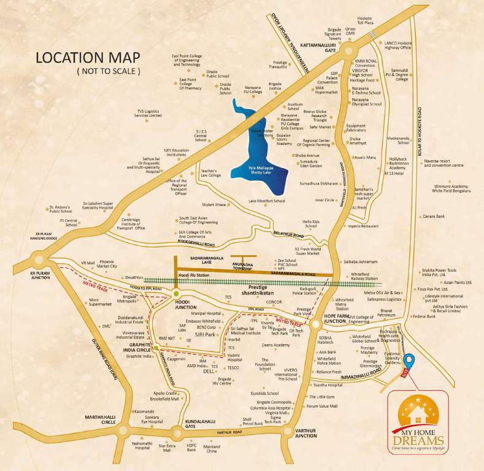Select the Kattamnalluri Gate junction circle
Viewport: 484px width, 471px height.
[350, 52]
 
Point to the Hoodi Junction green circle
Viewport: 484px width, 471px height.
[176, 294]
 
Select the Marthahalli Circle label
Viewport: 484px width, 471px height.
[101, 420]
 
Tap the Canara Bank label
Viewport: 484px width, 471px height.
[434, 216]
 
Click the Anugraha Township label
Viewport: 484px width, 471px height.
[243, 267]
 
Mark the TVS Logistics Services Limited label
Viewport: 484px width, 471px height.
[148, 113]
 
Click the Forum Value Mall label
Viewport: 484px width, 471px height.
[322, 406]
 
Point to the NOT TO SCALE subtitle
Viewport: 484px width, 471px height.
[108, 72]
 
